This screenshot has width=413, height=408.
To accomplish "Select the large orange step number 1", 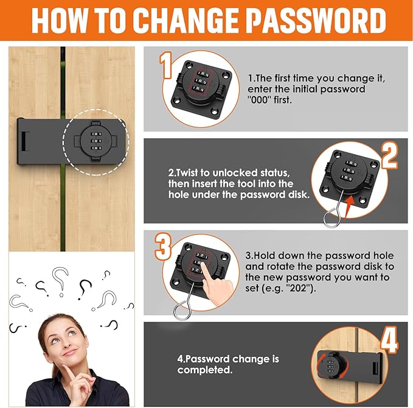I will coord(166,66).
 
